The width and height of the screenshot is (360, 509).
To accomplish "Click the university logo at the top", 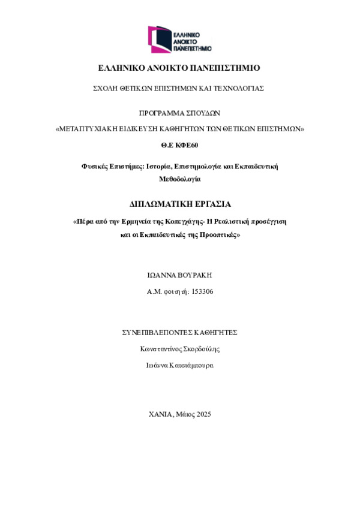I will [x=179, y=38].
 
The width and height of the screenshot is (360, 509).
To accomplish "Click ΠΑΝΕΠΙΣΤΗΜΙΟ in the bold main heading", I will [x=226, y=68].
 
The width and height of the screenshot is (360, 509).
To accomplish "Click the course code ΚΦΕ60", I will [x=187, y=145].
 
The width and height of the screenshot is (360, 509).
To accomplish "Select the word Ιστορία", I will [x=159, y=166].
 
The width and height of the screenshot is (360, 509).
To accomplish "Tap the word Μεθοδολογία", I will [x=179, y=179].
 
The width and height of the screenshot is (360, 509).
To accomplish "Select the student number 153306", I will [x=202, y=291].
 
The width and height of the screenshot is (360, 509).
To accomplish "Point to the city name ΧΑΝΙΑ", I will [x=161, y=414].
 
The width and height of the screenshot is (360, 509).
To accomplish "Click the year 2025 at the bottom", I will [x=203, y=414].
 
